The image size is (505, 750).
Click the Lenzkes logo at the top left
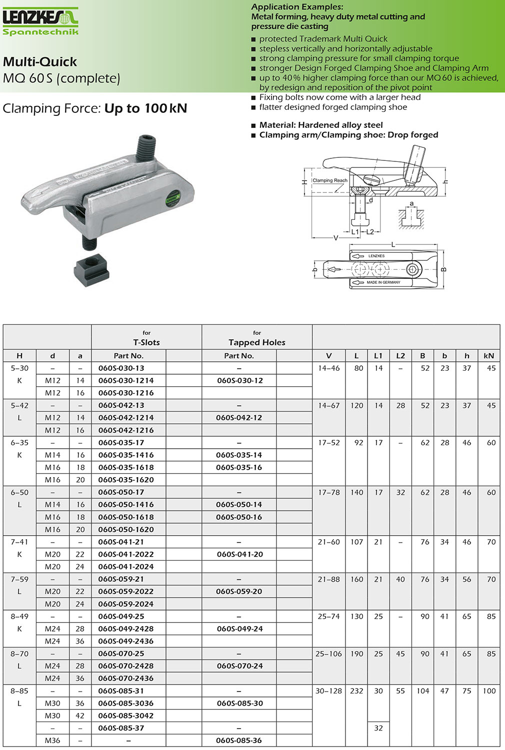pyautogui.click(x=40, y=21)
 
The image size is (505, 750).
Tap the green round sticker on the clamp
pyautogui.click(x=173, y=198)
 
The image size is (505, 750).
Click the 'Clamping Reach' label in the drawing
pyautogui.click(x=330, y=180)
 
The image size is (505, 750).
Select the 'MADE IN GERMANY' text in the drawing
pyautogui.click(x=383, y=282)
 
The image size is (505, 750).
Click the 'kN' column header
pyautogui.click(x=489, y=356)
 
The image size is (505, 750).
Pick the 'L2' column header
pyautogui.click(x=400, y=356)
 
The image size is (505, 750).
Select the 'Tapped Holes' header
pyautogui.click(x=257, y=342)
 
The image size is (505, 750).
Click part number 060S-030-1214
pyautogui.click(x=126, y=380)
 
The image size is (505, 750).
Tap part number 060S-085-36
pyautogui.click(x=239, y=741)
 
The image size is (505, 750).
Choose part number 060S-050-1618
pyautogui.click(x=126, y=517)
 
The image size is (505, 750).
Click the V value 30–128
pyautogui.click(x=328, y=691)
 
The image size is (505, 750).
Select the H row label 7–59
pyautogui.click(x=19, y=579)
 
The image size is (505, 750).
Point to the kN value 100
pyautogui.click(x=489, y=691)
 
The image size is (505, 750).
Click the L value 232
pyautogui.click(x=356, y=691)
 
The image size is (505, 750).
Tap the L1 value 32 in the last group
pyautogui.click(x=378, y=728)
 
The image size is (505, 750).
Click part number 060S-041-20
pyautogui.click(x=240, y=554)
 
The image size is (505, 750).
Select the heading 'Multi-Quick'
pyautogui.click(x=40, y=61)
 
